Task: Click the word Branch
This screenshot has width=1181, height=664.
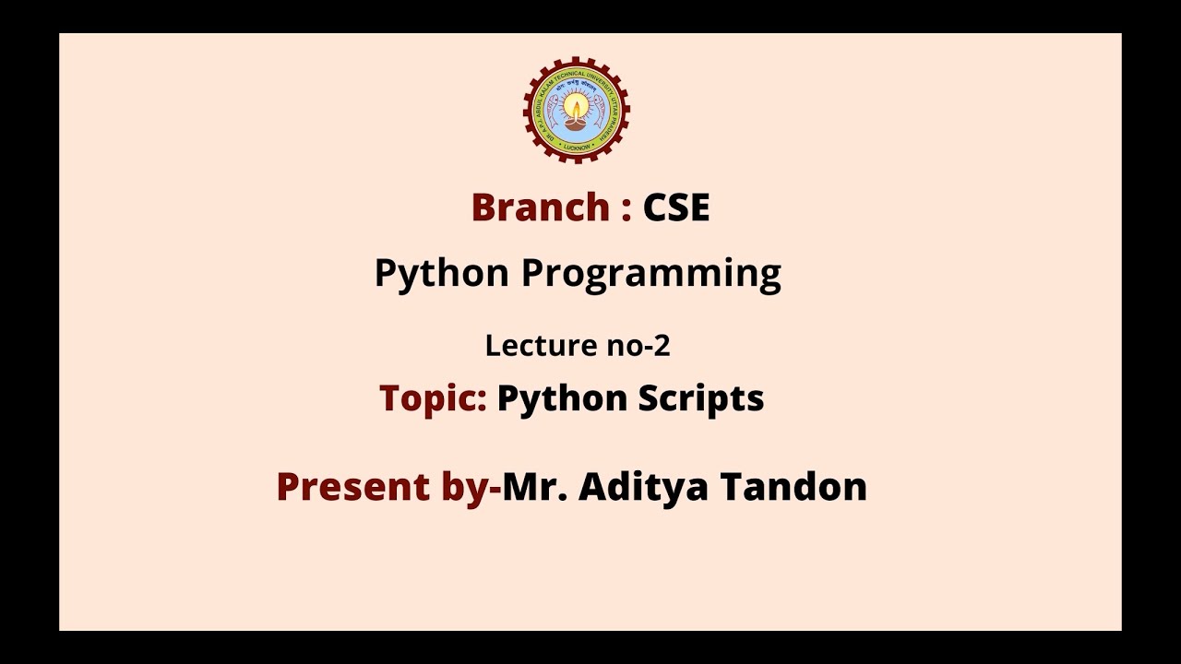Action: pyautogui.click(x=539, y=207)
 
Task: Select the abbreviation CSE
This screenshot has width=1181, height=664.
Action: pyautogui.click(x=676, y=207)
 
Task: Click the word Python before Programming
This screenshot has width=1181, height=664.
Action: pyautogui.click(x=441, y=275)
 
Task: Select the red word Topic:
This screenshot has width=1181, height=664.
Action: pyautogui.click(x=433, y=398)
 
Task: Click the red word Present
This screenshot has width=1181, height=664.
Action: pyautogui.click(x=353, y=487)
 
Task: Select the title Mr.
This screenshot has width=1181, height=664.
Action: pyautogui.click(x=535, y=487)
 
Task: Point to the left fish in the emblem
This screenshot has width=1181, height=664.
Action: pyautogui.click(x=554, y=112)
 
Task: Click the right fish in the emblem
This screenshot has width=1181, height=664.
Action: pyautogui.click(x=600, y=112)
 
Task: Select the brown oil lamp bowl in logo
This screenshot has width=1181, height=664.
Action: pyautogui.click(x=577, y=121)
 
